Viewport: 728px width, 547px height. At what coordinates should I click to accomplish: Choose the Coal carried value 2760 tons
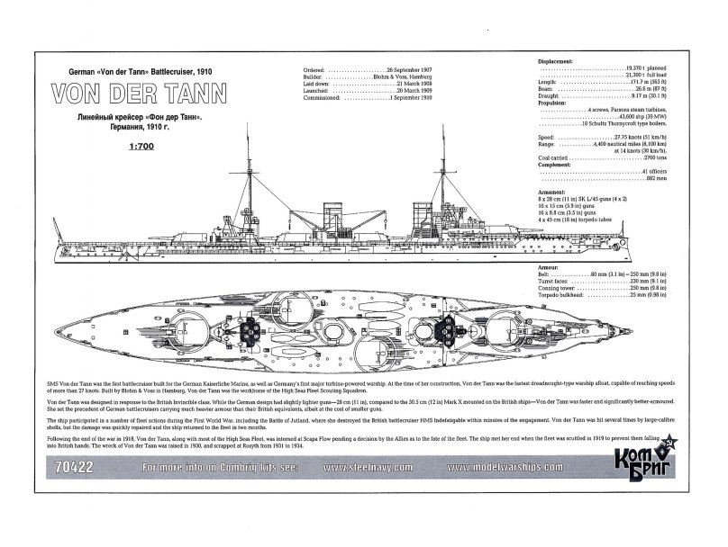(x=631, y=157)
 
